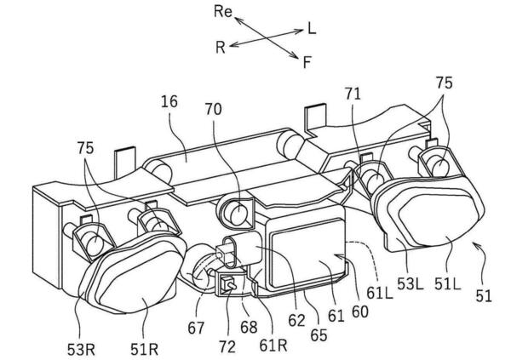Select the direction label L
pos(312,29)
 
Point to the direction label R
pos(220,47)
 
